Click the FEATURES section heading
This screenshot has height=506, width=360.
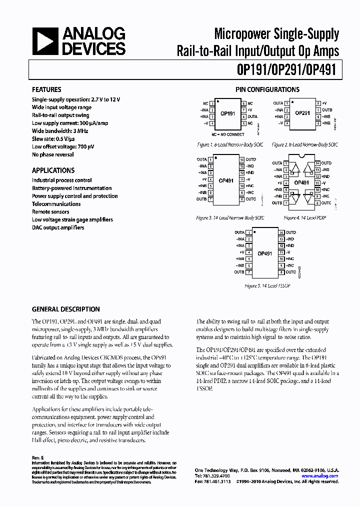[x=46, y=90]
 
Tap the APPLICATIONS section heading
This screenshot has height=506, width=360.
[x=53, y=170]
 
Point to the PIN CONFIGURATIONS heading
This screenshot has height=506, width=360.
[x=267, y=90]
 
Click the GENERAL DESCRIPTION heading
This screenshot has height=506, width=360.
[x=65, y=309]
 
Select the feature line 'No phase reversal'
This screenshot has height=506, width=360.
[x=52, y=154]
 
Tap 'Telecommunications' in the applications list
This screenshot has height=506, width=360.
[x=56, y=204]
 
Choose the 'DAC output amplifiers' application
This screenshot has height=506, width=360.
[x=58, y=227]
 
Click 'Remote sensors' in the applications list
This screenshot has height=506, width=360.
[x=50, y=212]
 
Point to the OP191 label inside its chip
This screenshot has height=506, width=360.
[x=227, y=114]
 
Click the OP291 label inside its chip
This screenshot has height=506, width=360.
[x=302, y=113]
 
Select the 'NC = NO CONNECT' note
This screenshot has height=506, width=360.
[x=227, y=134]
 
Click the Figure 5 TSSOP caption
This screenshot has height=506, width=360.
[x=267, y=285]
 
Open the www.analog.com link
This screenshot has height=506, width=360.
[x=320, y=476]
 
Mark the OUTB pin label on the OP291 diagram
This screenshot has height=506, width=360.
[x=327, y=109]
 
